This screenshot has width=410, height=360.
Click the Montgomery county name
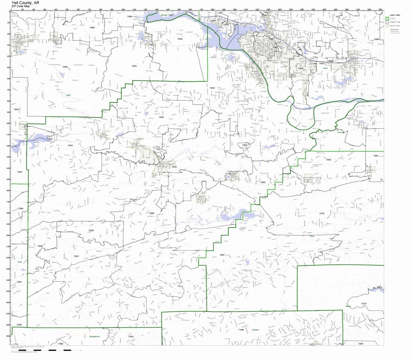(94, 336)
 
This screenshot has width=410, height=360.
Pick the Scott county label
(19, 261)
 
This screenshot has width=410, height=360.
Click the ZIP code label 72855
(65, 67)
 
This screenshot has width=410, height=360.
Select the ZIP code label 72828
(91, 230)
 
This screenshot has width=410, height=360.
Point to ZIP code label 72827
(76, 256)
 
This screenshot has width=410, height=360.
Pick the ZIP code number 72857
(222, 255)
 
